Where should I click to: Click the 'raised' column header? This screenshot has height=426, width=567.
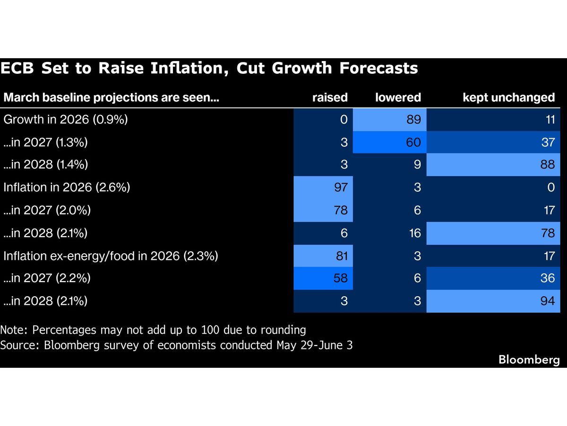coord(330,98)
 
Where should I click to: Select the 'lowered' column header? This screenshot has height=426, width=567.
coord(398,98)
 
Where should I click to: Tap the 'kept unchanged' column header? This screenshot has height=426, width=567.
coord(508,98)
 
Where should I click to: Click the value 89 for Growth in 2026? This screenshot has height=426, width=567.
coord(413,119)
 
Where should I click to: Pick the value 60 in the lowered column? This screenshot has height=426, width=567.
coord(413,142)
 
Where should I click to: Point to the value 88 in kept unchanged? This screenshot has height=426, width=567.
coord(547,165)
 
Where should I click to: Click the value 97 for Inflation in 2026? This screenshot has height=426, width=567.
coord(341,187)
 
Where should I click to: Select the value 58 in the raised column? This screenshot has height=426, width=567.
coord(341,278)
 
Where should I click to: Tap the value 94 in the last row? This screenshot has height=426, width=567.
coord(547,301)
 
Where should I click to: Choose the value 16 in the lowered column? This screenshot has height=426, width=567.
coord(415,233)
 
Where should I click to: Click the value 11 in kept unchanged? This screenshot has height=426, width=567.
coord(550,119)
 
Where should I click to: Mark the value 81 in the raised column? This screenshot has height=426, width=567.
coord(342,256)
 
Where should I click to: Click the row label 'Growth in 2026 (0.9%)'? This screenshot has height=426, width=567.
coord(66,119)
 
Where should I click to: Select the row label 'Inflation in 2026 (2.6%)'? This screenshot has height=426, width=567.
coord(67,187)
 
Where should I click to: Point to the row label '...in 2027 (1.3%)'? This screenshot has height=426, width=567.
coord(45,142)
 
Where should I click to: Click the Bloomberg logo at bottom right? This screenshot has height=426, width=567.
coord(529,360)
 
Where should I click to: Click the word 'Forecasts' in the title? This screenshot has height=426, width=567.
coord(378,68)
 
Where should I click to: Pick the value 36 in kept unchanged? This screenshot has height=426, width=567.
coord(547,278)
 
